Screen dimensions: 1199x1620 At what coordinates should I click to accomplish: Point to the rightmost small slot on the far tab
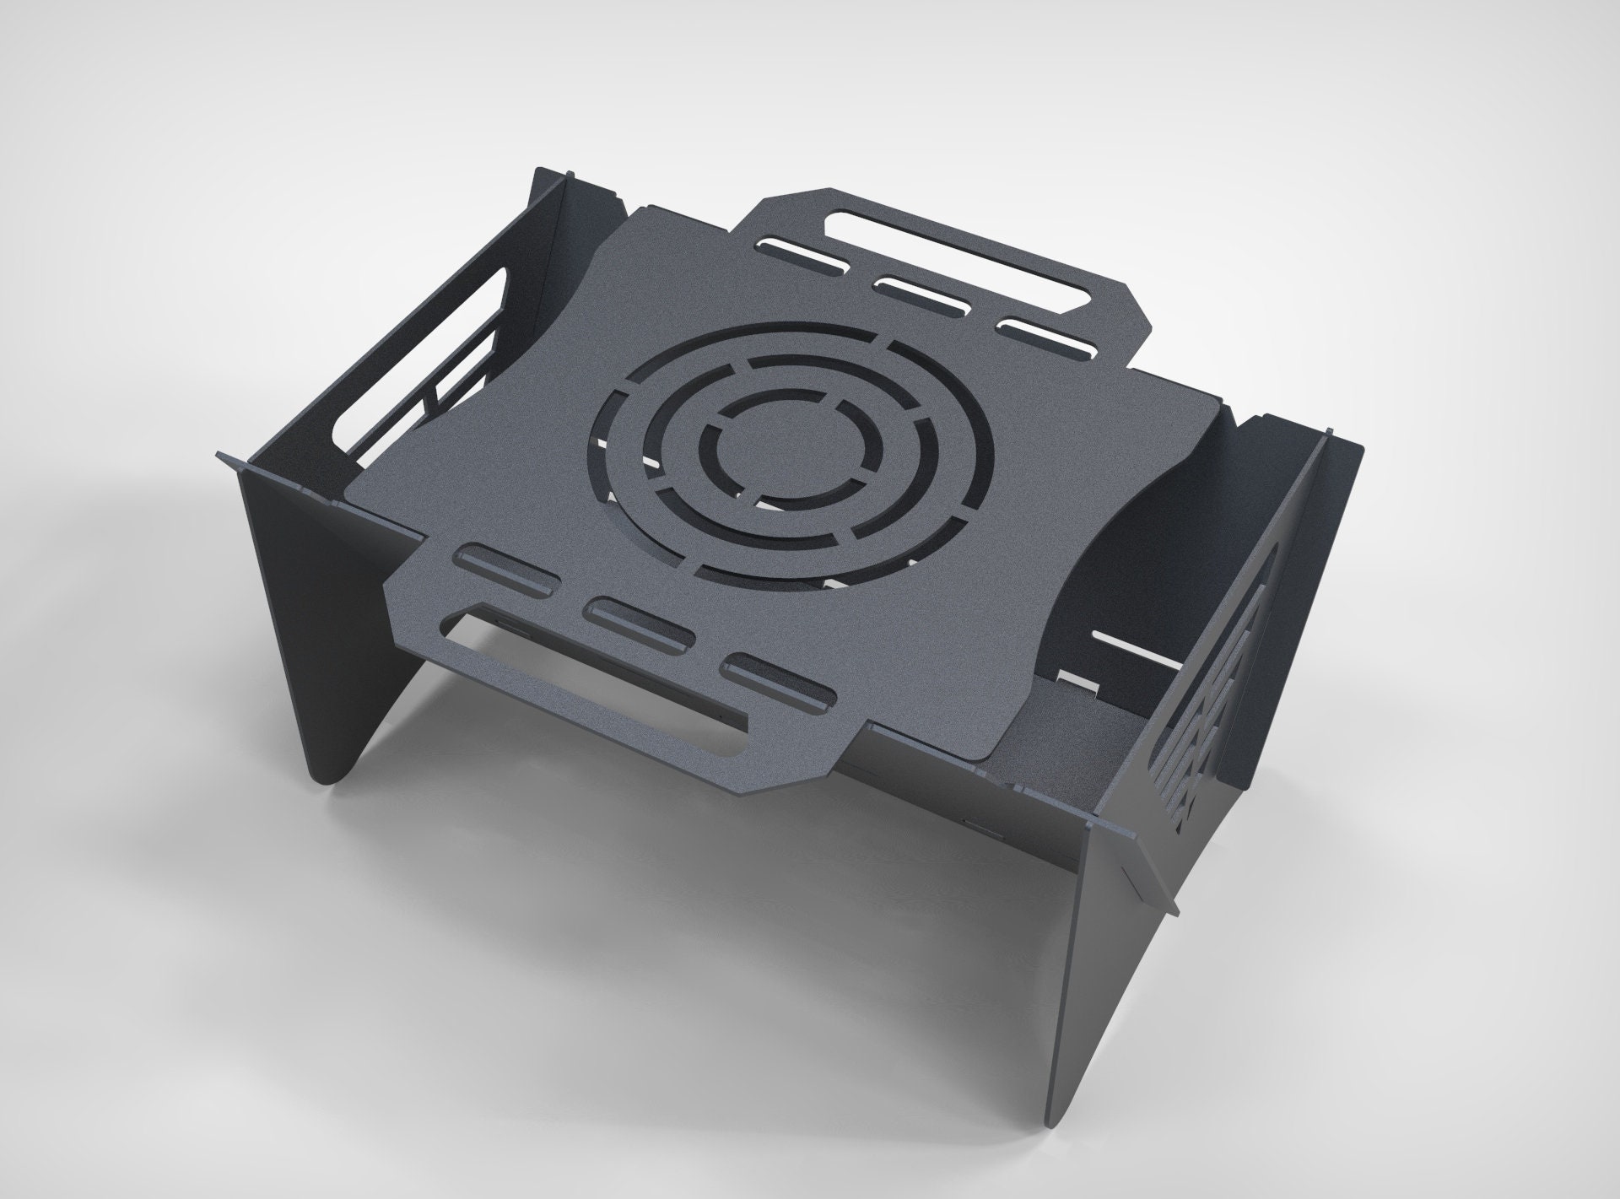click(1046, 336)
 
